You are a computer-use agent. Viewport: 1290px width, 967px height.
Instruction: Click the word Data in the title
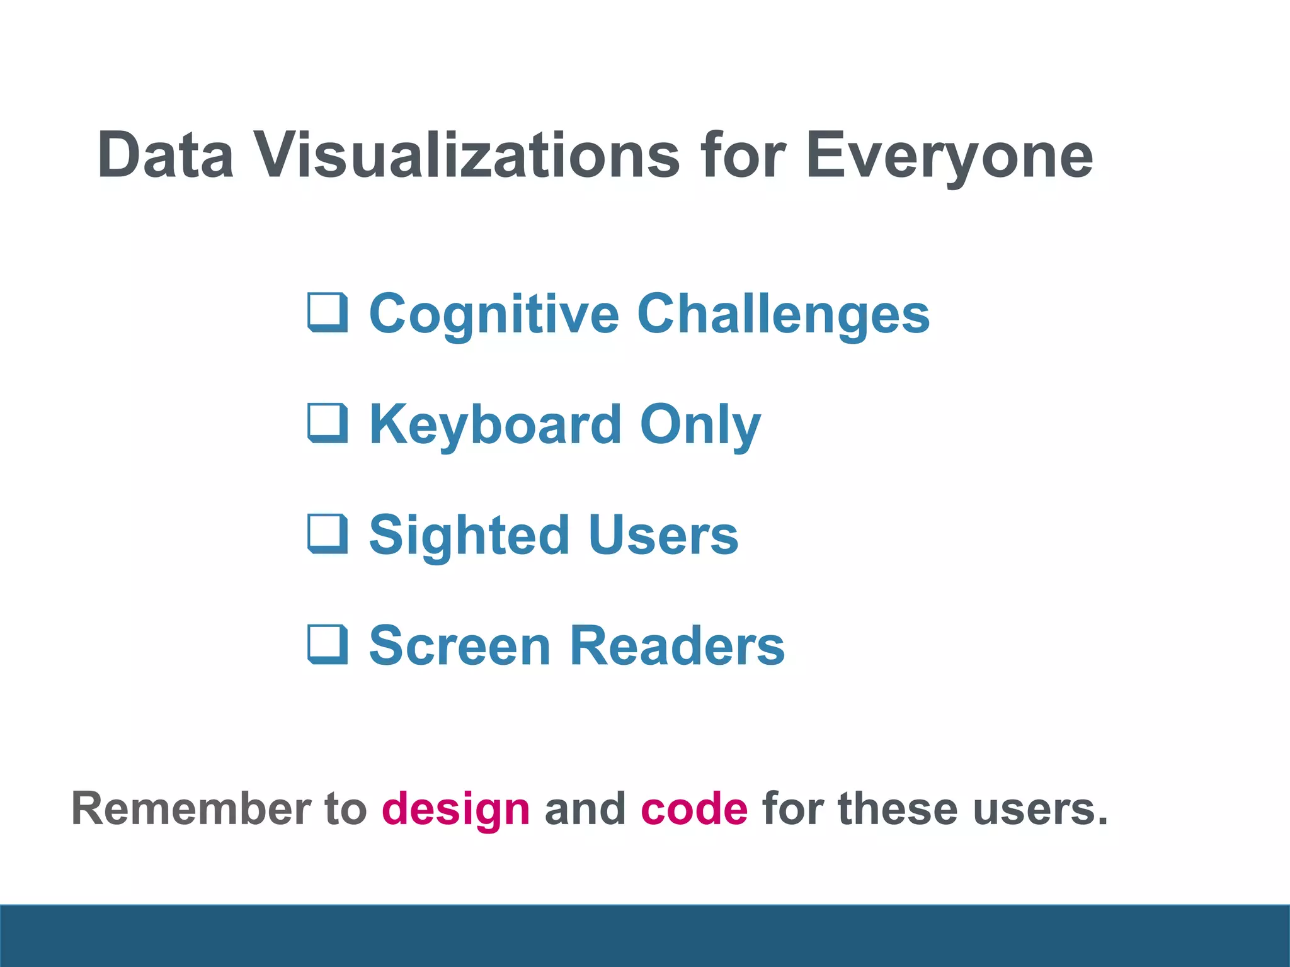click(x=166, y=155)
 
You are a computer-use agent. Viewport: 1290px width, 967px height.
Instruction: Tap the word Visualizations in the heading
click(x=467, y=155)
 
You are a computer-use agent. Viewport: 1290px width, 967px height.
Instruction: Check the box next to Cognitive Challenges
click(x=328, y=312)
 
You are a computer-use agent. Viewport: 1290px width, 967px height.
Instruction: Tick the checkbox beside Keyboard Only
click(x=328, y=423)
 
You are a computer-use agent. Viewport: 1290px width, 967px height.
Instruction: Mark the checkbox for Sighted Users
click(x=328, y=534)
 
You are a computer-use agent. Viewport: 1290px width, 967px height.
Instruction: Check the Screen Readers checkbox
click(x=328, y=645)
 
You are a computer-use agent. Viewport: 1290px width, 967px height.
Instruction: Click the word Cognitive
click(x=494, y=315)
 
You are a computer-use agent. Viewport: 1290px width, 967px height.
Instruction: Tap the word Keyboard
click(x=495, y=425)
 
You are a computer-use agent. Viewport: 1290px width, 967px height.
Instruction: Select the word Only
click(x=700, y=426)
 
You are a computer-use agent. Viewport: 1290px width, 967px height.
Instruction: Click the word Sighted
click(x=469, y=536)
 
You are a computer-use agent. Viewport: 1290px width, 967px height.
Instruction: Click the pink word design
click(x=456, y=810)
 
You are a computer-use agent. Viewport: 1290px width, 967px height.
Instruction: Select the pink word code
click(x=694, y=808)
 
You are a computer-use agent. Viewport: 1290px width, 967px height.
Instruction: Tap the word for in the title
click(x=743, y=155)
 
